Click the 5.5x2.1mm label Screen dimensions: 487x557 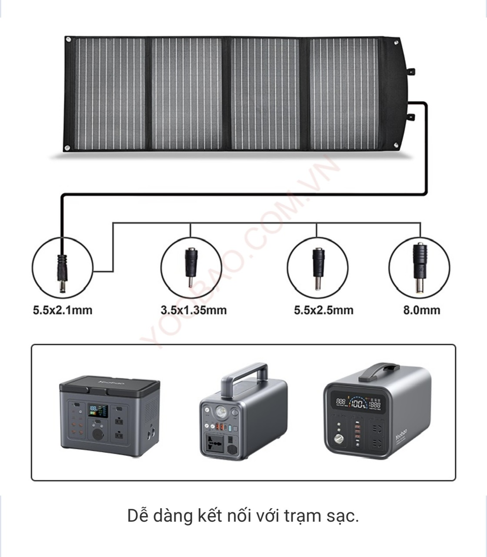tap(63, 310)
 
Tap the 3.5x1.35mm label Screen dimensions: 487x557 tap(193, 310)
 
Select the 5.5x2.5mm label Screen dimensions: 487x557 tap(324, 310)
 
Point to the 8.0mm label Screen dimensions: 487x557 tap(421, 310)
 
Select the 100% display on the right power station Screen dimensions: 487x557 tap(359, 404)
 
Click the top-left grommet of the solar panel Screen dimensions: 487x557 tap(68, 40)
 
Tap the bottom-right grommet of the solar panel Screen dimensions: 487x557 tap(396, 145)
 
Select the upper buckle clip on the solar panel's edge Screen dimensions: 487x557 tap(411, 72)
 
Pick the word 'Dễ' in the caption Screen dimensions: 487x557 tap(138, 516)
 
